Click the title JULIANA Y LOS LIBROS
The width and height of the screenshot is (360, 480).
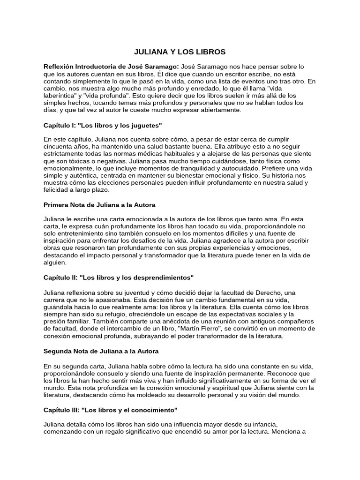pyautogui.click(x=180, y=52)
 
